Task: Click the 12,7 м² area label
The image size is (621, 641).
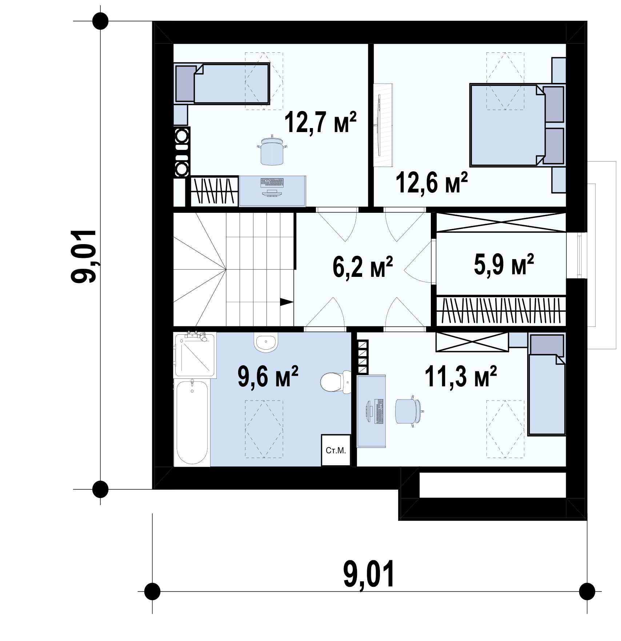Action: pyautogui.click(x=320, y=123)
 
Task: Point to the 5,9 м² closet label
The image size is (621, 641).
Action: pyautogui.click(x=504, y=264)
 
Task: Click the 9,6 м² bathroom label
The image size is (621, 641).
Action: pyautogui.click(x=268, y=377)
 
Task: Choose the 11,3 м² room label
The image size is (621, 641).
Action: pyautogui.click(x=461, y=377)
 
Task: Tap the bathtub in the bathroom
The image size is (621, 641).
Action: pyautogui.click(x=192, y=422)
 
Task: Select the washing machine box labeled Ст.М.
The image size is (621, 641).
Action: pyautogui.click(x=336, y=450)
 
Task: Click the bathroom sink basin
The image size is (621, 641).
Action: pyautogui.click(x=266, y=342)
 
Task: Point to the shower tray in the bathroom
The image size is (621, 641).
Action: pyautogui.click(x=195, y=354)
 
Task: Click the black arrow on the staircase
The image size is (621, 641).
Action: pyautogui.click(x=287, y=301)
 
